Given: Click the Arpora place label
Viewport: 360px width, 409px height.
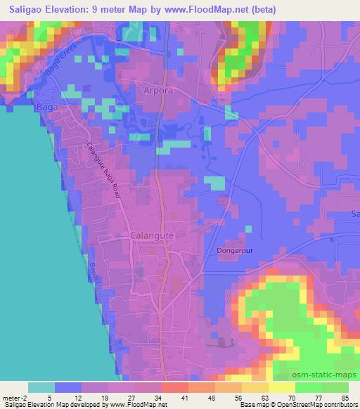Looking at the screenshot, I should [157, 92].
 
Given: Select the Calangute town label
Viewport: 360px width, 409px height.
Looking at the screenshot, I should [151, 237].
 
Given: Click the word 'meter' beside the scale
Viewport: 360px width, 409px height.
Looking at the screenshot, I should [12, 398].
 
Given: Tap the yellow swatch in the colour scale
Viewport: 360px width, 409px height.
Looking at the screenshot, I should [282, 387].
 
